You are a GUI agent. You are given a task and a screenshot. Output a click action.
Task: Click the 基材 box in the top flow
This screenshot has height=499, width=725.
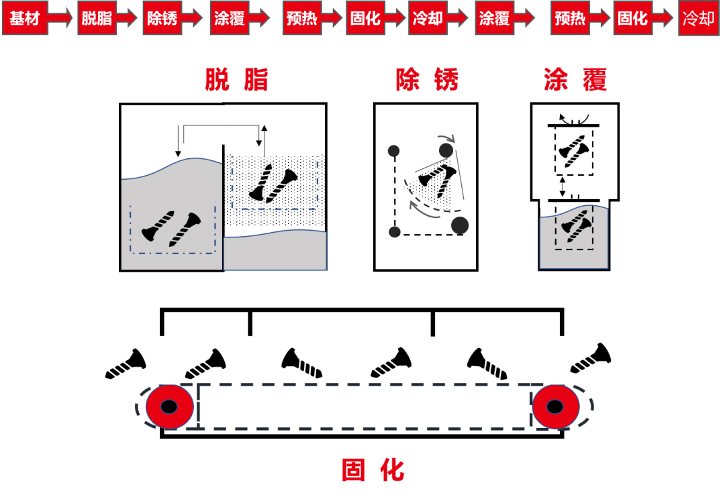(x=25, y=18)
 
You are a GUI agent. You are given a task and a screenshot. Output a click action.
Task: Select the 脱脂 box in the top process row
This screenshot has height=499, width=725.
(x=97, y=18)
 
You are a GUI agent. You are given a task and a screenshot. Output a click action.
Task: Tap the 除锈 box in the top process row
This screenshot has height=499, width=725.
(x=162, y=18)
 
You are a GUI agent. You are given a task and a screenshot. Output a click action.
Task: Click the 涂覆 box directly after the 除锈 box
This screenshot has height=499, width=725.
(x=229, y=18)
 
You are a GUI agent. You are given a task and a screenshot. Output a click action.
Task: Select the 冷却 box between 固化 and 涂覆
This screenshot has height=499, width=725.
(x=428, y=18)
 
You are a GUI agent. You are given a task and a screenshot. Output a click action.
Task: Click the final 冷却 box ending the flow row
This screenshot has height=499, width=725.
(x=698, y=18)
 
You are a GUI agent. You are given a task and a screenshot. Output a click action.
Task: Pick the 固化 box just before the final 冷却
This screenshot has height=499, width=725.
(x=633, y=18)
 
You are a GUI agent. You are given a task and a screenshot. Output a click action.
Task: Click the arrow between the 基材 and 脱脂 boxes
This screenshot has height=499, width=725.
(x=60, y=18)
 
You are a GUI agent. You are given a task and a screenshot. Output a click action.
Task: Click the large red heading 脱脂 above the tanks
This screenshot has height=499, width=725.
(x=237, y=80)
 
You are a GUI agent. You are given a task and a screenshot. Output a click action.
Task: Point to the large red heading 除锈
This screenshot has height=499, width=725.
(x=427, y=80)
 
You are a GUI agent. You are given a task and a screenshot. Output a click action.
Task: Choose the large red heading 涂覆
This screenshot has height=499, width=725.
(x=575, y=80)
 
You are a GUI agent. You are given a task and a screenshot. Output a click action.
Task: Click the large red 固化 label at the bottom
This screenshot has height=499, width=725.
(x=373, y=470)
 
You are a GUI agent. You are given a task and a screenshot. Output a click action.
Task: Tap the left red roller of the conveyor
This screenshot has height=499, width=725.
(x=170, y=406)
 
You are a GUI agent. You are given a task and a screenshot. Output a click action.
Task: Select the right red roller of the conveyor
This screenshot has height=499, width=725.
(x=556, y=406)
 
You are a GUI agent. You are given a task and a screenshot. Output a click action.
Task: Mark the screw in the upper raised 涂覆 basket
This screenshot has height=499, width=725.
(x=573, y=152)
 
